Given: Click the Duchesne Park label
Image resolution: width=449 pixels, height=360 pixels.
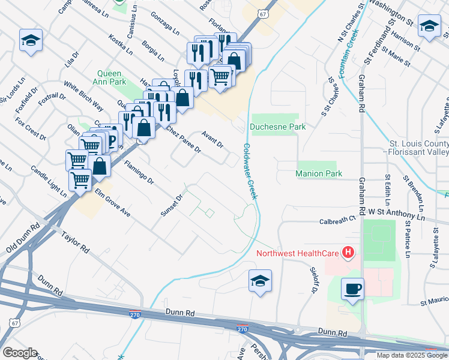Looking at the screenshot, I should [x=278, y=127].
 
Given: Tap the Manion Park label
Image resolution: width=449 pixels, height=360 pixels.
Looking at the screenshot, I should [x=319, y=173].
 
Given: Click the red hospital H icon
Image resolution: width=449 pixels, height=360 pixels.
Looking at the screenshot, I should [x=347, y=253].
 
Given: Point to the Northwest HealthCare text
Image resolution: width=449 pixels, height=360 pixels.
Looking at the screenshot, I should [x=297, y=253].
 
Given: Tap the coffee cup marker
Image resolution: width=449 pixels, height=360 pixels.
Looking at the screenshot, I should [x=352, y=289].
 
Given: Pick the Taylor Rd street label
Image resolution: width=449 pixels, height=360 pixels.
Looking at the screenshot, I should [x=76, y=241].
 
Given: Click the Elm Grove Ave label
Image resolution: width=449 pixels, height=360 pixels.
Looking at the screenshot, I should [x=112, y=203].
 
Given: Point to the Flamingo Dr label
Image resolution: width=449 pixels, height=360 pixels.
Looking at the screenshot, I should [x=139, y=172].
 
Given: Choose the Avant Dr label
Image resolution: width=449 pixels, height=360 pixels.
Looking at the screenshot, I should [x=212, y=140].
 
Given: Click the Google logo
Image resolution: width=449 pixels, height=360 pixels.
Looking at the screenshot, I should [x=19, y=352].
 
